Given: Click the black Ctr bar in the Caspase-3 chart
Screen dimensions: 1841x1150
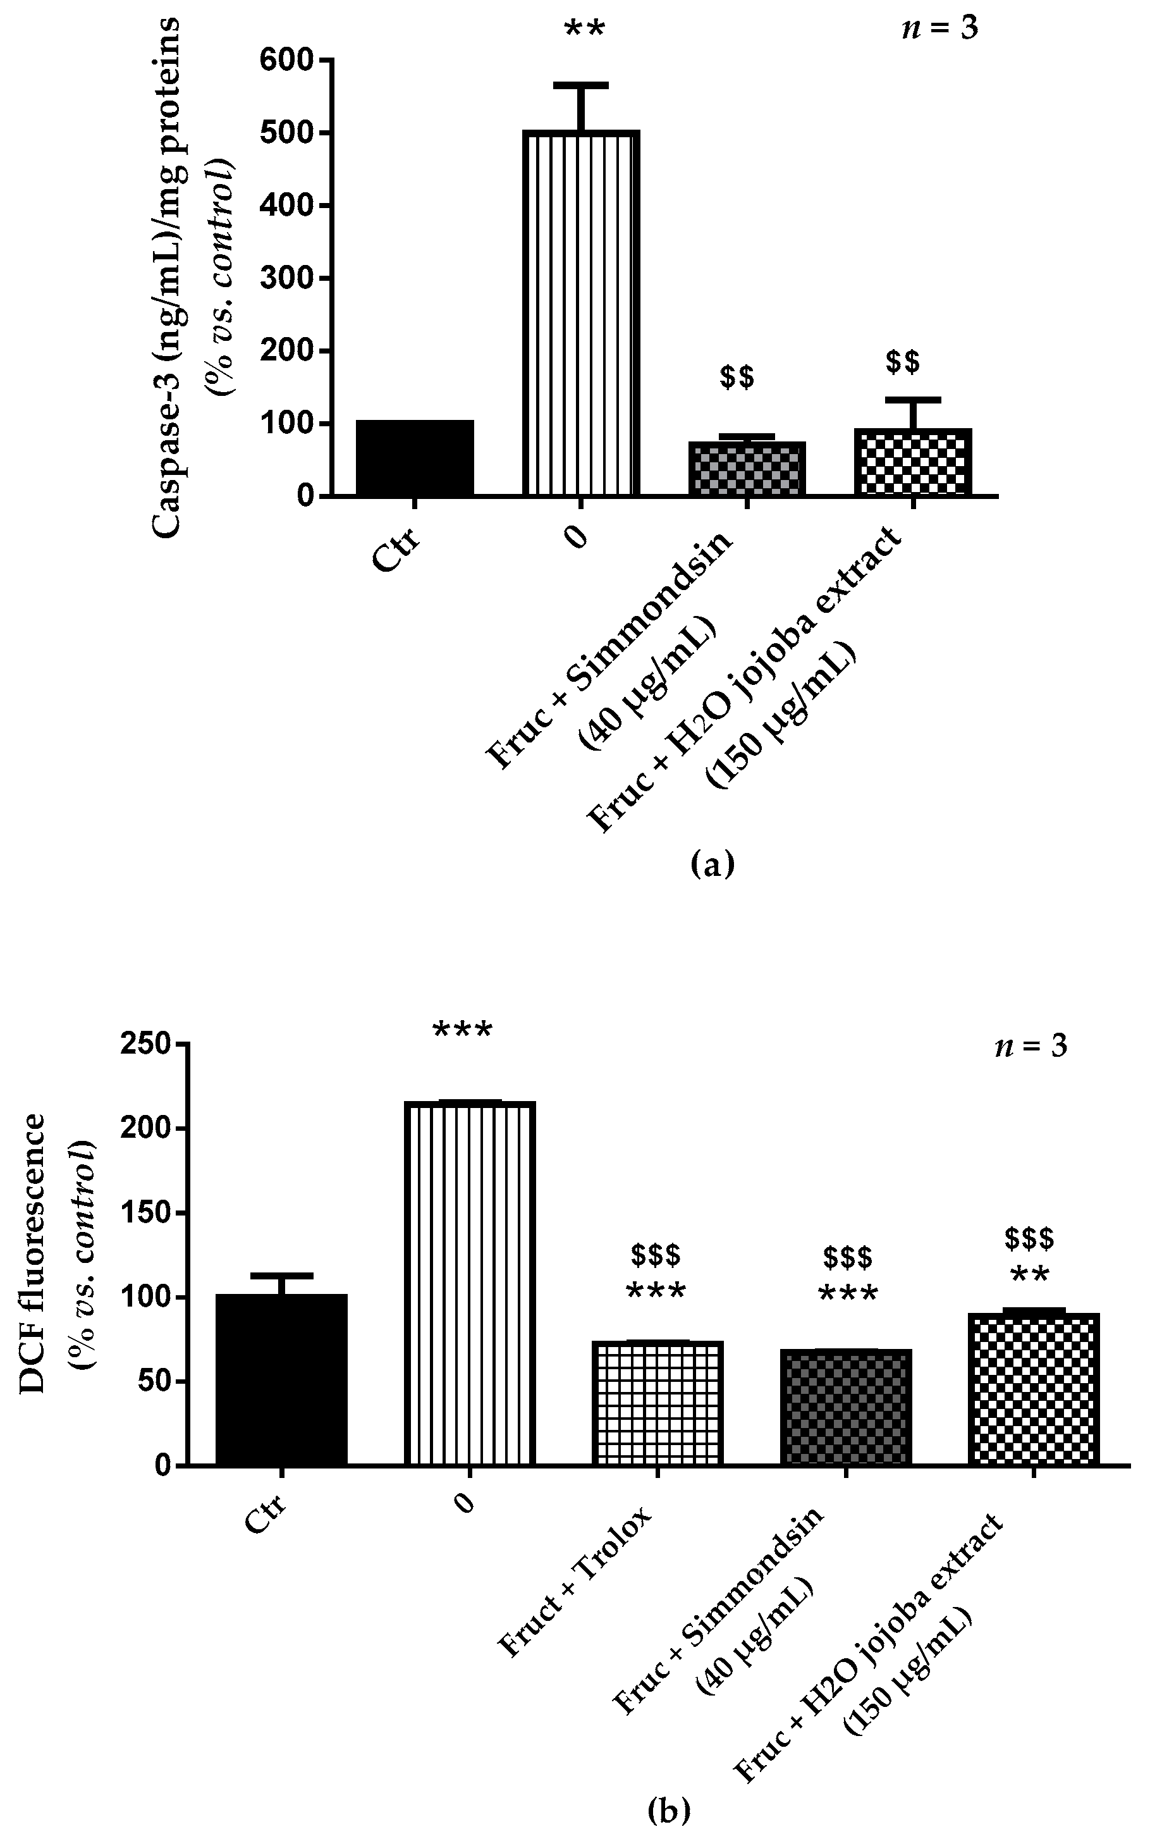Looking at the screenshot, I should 415,458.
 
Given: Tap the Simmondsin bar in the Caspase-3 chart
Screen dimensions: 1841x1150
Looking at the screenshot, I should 747,469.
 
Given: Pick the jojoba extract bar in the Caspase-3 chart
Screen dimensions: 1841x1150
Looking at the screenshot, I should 913,462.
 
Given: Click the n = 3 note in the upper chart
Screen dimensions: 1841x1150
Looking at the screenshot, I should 939,29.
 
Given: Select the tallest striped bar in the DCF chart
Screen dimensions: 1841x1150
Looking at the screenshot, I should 469,1283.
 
